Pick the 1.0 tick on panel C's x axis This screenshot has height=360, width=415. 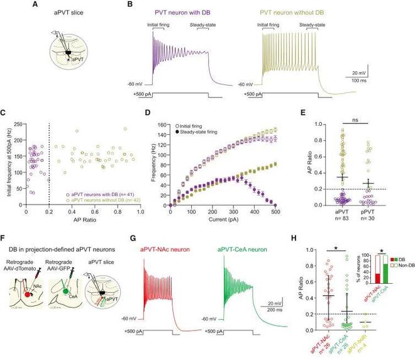(141, 212)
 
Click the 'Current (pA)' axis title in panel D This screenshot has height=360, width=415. (222, 222)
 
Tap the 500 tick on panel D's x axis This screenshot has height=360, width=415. (274, 212)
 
